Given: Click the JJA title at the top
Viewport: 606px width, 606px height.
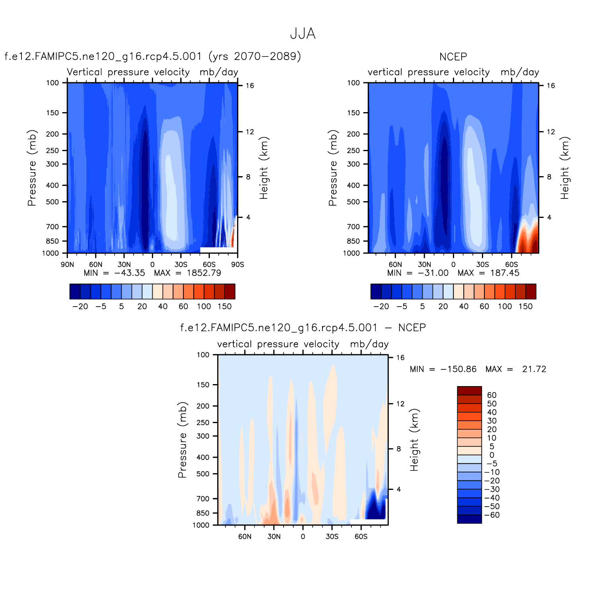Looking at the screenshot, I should (303, 34).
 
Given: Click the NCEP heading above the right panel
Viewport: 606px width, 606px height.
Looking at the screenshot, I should (453, 57).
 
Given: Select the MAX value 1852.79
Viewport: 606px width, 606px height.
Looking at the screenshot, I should (204, 273).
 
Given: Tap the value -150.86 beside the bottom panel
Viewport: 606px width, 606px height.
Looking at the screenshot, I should (458, 369).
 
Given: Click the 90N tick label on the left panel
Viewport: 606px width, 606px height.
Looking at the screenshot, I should (67, 264).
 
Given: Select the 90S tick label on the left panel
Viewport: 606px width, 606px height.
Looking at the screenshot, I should (237, 264).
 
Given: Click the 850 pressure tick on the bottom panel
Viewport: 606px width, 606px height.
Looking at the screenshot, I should (202, 513).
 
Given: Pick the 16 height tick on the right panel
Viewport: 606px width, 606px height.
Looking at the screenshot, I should (551, 85).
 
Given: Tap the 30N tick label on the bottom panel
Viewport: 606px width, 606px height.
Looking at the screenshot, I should (274, 536).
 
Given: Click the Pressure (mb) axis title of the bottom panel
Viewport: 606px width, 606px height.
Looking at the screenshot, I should (182, 439).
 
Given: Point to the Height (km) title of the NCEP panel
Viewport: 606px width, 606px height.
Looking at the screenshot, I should (565, 168).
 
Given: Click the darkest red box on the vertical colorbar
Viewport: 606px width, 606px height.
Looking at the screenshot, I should (469, 390).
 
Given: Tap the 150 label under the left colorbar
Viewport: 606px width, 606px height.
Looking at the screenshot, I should (224, 306).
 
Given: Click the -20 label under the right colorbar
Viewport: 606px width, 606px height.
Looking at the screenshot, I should (381, 306).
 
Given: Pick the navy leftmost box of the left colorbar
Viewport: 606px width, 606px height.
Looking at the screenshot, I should (75, 291).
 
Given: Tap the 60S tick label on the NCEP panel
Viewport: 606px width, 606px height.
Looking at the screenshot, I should (511, 264).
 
